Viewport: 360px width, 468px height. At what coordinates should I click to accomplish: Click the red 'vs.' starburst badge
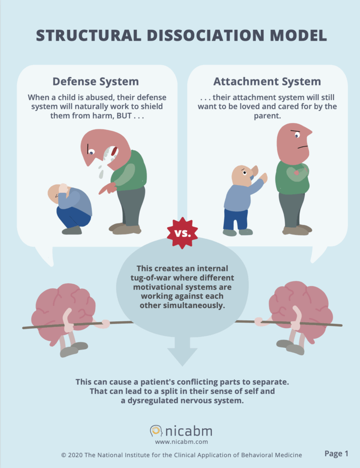[182, 233]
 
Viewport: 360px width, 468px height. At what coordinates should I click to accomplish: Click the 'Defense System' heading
[95, 82]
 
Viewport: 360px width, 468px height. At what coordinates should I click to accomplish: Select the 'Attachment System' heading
[267, 82]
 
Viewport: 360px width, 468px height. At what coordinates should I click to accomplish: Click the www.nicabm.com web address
[181, 442]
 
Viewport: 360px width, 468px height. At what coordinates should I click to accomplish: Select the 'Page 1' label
[336, 453]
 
